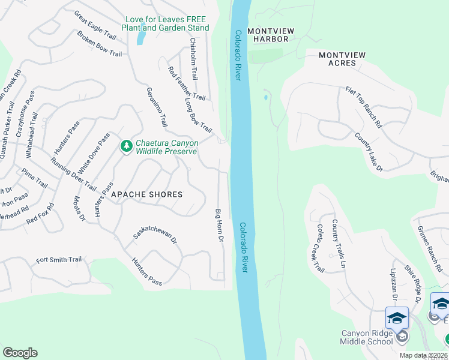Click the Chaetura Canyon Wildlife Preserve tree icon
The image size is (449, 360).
(126, 146)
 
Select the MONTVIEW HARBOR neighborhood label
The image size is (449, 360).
(268, 35)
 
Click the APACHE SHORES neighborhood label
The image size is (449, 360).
(146, 194)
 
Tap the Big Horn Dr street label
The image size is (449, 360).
(220, 226)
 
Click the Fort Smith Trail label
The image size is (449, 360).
(59, 260)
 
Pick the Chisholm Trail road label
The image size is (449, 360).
(193, 59)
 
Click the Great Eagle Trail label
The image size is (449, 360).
(95, 24)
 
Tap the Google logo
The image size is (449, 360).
(20, 353)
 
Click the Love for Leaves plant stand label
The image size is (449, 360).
(165, 23)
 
